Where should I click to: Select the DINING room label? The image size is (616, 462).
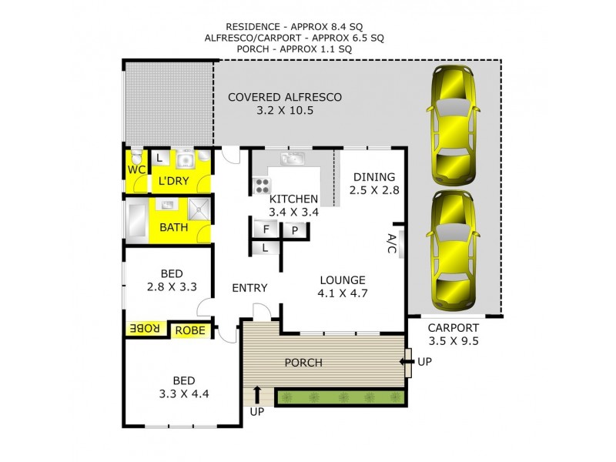[x=374, y=176]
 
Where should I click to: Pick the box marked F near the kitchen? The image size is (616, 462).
[x=266, y=229]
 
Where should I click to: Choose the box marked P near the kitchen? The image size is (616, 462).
[x=295, y=229]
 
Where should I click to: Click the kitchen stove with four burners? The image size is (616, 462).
[x=262, y=186]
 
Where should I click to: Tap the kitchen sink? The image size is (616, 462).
[x=292, y=159]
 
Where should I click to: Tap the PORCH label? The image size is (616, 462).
[x=303, y=363]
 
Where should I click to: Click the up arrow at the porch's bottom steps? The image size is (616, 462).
[x=256, y=396]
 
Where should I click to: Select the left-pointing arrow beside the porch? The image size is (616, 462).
[x=405, y=362]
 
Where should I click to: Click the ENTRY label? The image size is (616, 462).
[x=249, y=288]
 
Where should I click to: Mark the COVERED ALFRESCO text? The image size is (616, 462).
[x=285, y=98]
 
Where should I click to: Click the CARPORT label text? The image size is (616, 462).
[x=454, y=326]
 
